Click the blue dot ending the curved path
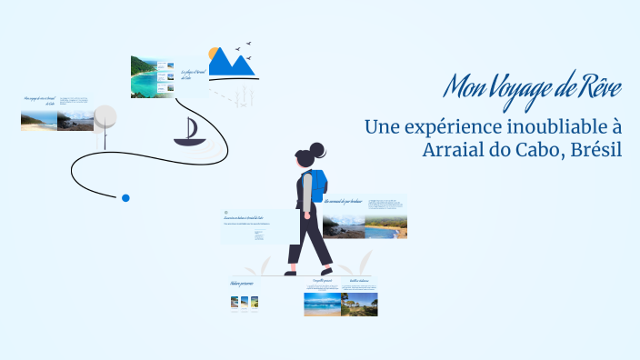point(125,197)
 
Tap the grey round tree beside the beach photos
point(105,117)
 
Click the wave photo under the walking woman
point(322,304)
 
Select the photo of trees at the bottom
point(359,304)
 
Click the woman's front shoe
point(326,270)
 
